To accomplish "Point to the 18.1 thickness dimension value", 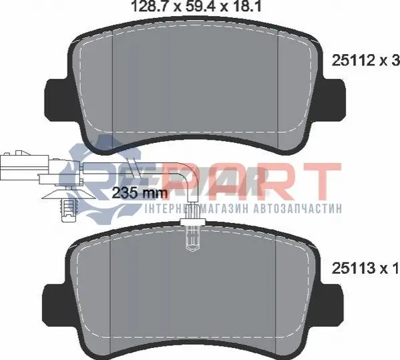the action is (245, 6).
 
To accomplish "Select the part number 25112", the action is (353, 61).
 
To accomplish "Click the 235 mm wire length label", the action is (140, 193).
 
